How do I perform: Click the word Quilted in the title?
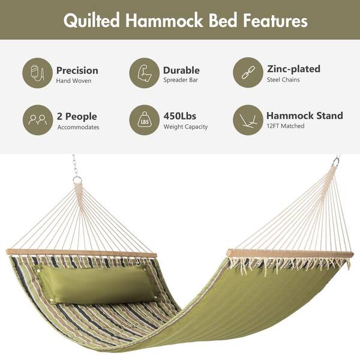tap(92, 20)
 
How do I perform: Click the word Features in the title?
tap(275, 20)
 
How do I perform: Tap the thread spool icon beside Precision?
tap(37, 73)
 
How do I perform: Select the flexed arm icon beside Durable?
tap(144, 73)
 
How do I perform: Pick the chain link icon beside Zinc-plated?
tap(248, 73)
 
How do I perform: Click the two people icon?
tap(38, 120)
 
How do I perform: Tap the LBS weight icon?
tap(144, 120)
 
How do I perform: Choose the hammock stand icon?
tap(248, 120)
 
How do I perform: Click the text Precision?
tap(77, 70)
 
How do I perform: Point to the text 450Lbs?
tap(180, 116)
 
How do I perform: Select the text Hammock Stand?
tap(305, 115)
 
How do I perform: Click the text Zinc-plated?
tap(293, 69)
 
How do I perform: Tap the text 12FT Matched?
tap(286, 126)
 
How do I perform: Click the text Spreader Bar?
tap(181, 80)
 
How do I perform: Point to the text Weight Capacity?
tap(185, 127)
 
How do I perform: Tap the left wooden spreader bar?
tap(82, 253)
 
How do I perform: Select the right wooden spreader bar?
tap(290, 254)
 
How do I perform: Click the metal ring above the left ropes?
tap(77, 179)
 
